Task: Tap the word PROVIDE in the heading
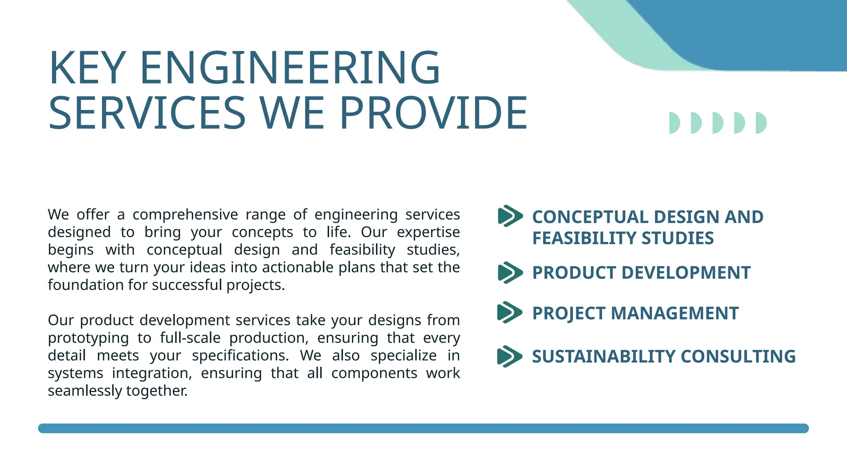point(433,112)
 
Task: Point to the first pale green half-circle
point(674,123)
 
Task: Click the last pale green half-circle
point(761,123)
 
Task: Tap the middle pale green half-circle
point(718,123)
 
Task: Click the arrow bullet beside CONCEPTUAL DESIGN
point(510,216)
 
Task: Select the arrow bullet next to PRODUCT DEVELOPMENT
point(510,273)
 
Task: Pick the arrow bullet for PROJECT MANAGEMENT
point(510,312)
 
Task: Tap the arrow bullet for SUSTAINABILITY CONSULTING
point(510,356)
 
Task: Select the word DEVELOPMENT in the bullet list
point(686,273)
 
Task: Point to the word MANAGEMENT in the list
point(675,313)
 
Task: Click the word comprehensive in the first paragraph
point(185,215)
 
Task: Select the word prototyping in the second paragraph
point(88,338)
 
